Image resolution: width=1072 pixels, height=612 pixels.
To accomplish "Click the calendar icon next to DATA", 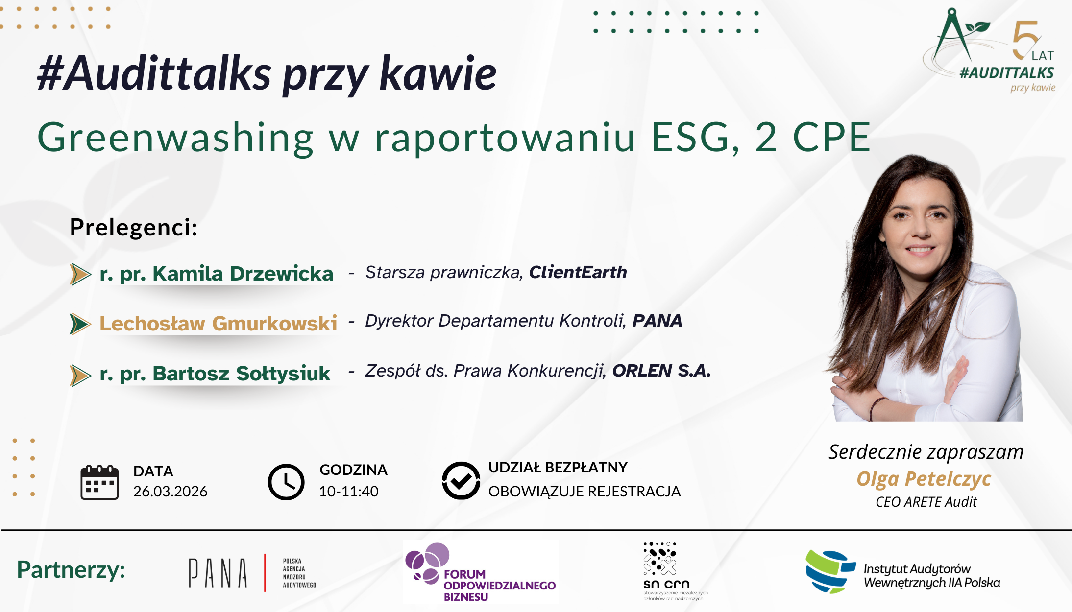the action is coord(99,482).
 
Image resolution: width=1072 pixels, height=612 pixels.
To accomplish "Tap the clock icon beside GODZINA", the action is coord(286,482).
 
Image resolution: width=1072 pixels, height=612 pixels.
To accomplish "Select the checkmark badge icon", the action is coord(461,480).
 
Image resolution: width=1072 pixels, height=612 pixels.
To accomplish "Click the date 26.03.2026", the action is coord(171,491).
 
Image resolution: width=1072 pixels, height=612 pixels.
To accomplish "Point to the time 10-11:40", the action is coord(349,491).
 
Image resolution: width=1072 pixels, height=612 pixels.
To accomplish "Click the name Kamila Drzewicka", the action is coord(243,273).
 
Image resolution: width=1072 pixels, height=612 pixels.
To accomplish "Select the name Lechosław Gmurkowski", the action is coord(219,323).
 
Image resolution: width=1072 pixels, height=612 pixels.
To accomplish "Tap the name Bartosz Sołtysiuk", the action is coord(242,374).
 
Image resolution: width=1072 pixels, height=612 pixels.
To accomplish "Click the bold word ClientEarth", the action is coord(578,272).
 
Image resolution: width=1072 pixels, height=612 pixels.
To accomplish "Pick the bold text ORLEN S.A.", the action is coord(661,371).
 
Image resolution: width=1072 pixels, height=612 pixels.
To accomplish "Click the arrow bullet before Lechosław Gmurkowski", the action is coord(80,324).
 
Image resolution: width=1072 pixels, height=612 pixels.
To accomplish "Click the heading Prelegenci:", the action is coord(134,227).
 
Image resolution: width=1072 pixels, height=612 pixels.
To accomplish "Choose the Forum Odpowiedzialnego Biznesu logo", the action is coord(481,572).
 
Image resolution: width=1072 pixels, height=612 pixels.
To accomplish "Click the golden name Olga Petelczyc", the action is coord(924,479).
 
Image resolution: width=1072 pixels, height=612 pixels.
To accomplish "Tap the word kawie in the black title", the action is coord(438,73).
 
